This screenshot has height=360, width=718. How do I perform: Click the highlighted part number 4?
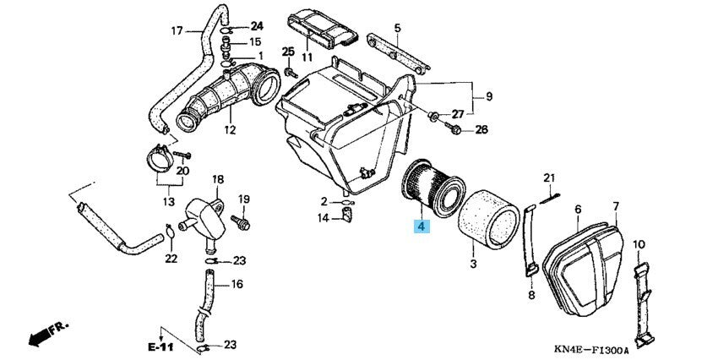(421, 226)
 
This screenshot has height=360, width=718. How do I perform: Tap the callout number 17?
(177, 31)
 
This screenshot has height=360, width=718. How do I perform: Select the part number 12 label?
(230, 130)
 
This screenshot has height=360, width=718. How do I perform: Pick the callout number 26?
(481, 129)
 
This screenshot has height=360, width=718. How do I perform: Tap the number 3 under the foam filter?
(473, 265)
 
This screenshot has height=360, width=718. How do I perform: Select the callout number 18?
(217, 179)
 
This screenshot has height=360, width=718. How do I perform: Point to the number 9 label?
(487, 96)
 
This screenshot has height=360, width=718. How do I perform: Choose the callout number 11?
(306, 57)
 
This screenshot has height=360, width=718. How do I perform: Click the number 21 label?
(547, 177)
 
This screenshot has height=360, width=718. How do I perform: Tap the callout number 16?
(237, 285)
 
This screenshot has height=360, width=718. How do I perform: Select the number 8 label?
(531, 295)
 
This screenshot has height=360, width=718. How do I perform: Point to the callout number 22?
(171, 258)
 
